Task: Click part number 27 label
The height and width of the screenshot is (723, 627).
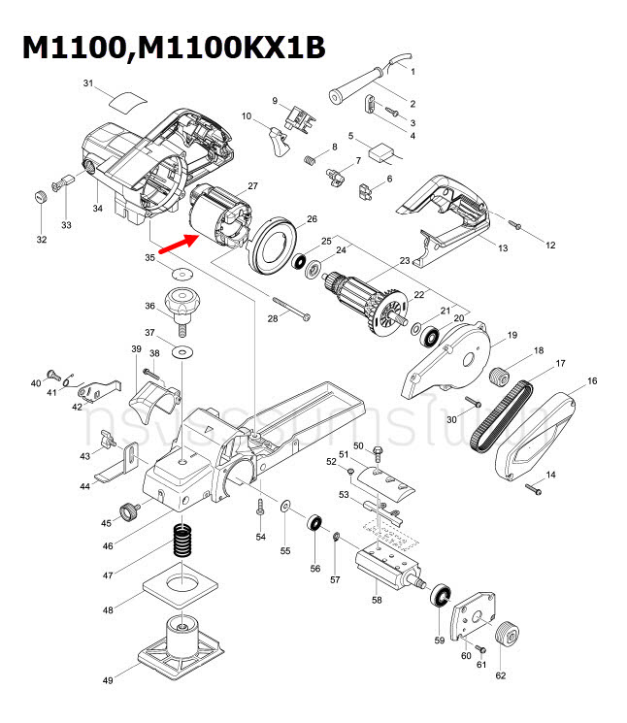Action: click(x=252, y=185)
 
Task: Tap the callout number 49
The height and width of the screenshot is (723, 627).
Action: click(x=108, y=681)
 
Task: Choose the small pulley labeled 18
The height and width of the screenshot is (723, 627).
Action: click(x=502, y=375)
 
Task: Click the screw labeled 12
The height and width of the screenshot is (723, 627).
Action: click(x=516, y=226)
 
